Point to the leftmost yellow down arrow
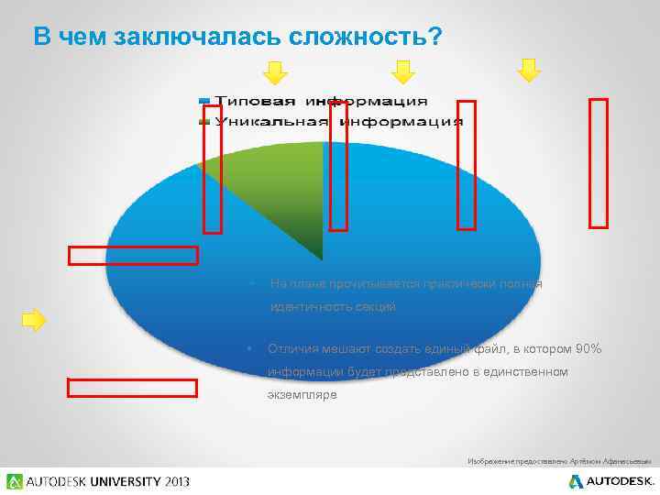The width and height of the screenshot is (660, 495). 276,71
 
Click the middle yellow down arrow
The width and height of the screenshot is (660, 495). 403,71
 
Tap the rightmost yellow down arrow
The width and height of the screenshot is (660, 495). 529,70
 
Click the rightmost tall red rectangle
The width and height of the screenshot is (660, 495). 599,162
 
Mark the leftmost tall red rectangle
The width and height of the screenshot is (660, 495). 213,169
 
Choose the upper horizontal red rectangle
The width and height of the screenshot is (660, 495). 133,256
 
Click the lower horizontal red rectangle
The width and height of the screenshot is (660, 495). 132,388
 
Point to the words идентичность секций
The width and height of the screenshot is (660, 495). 333,307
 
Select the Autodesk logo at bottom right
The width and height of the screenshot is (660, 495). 610,481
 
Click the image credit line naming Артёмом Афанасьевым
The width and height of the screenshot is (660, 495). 558,460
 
